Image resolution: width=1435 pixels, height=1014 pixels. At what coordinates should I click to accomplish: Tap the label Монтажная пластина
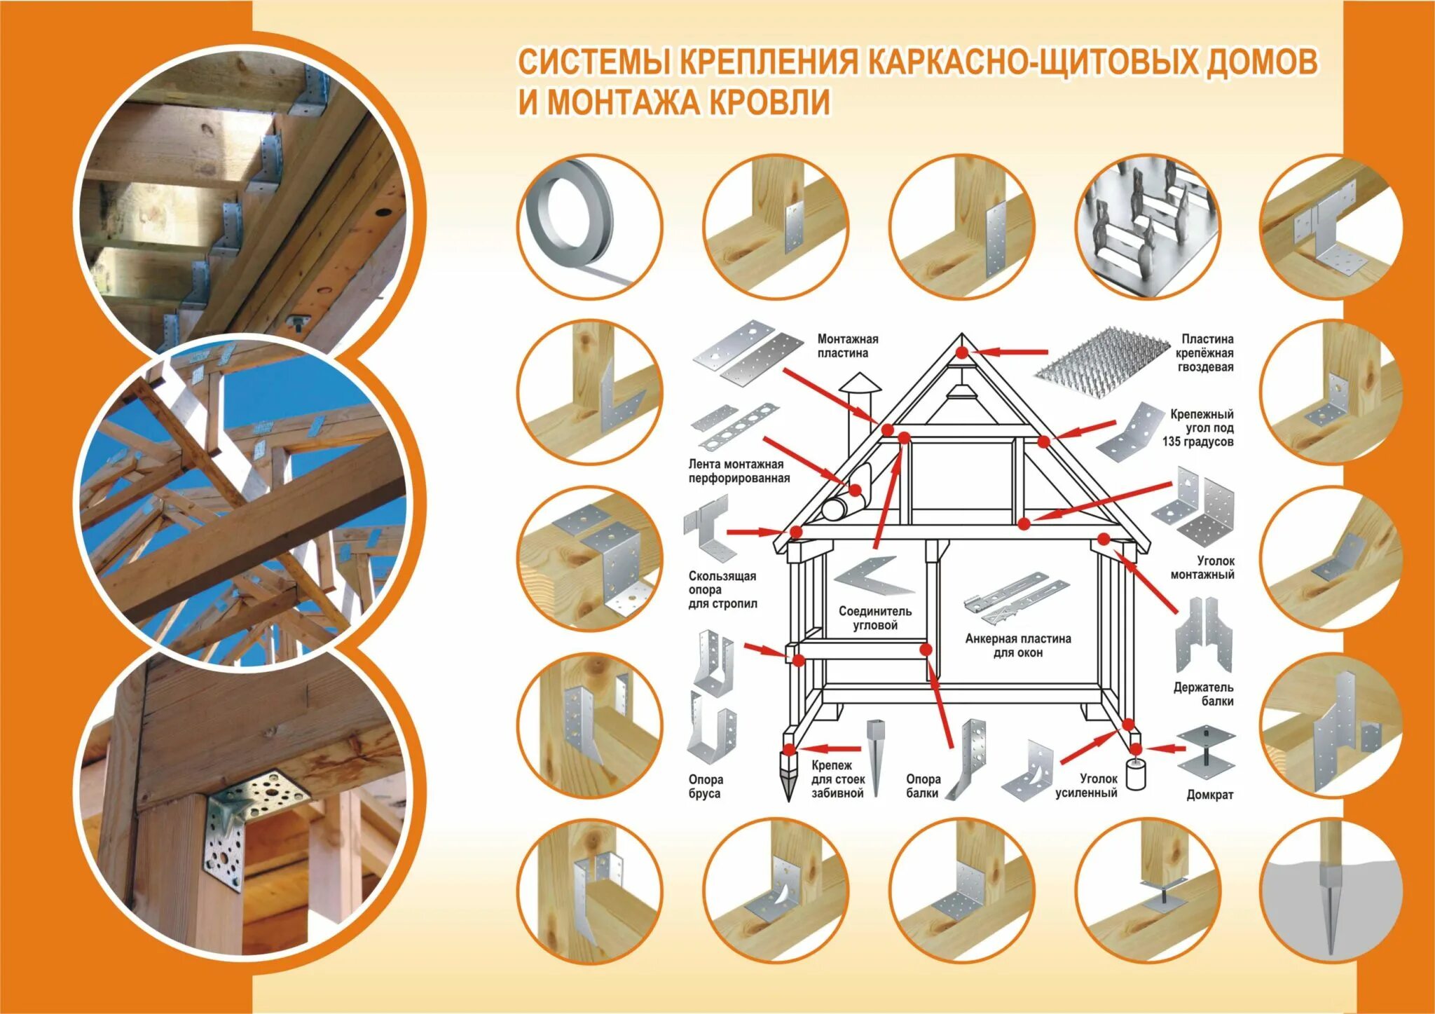click(847, 346)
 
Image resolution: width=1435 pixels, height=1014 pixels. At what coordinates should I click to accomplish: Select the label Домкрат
click(1209, 795)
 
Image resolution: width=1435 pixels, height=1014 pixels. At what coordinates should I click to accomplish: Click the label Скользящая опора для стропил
click(722, 589)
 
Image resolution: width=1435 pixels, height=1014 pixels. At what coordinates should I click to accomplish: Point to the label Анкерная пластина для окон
click(1017, 645)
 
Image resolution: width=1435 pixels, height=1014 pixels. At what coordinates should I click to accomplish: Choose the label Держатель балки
click(1204, 694)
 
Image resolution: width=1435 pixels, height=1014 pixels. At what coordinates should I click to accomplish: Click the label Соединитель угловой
click(875, 618)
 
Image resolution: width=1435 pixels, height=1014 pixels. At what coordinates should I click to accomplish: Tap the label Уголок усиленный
click(1086, 786)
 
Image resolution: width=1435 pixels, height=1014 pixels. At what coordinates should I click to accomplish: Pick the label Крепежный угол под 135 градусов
click(1197, 427)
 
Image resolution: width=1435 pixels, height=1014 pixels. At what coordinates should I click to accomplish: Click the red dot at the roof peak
click(962, 352)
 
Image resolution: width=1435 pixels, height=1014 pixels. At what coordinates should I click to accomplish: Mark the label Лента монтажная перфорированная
click(739, 471)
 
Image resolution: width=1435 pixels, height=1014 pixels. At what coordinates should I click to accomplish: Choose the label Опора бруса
click(705, 786)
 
